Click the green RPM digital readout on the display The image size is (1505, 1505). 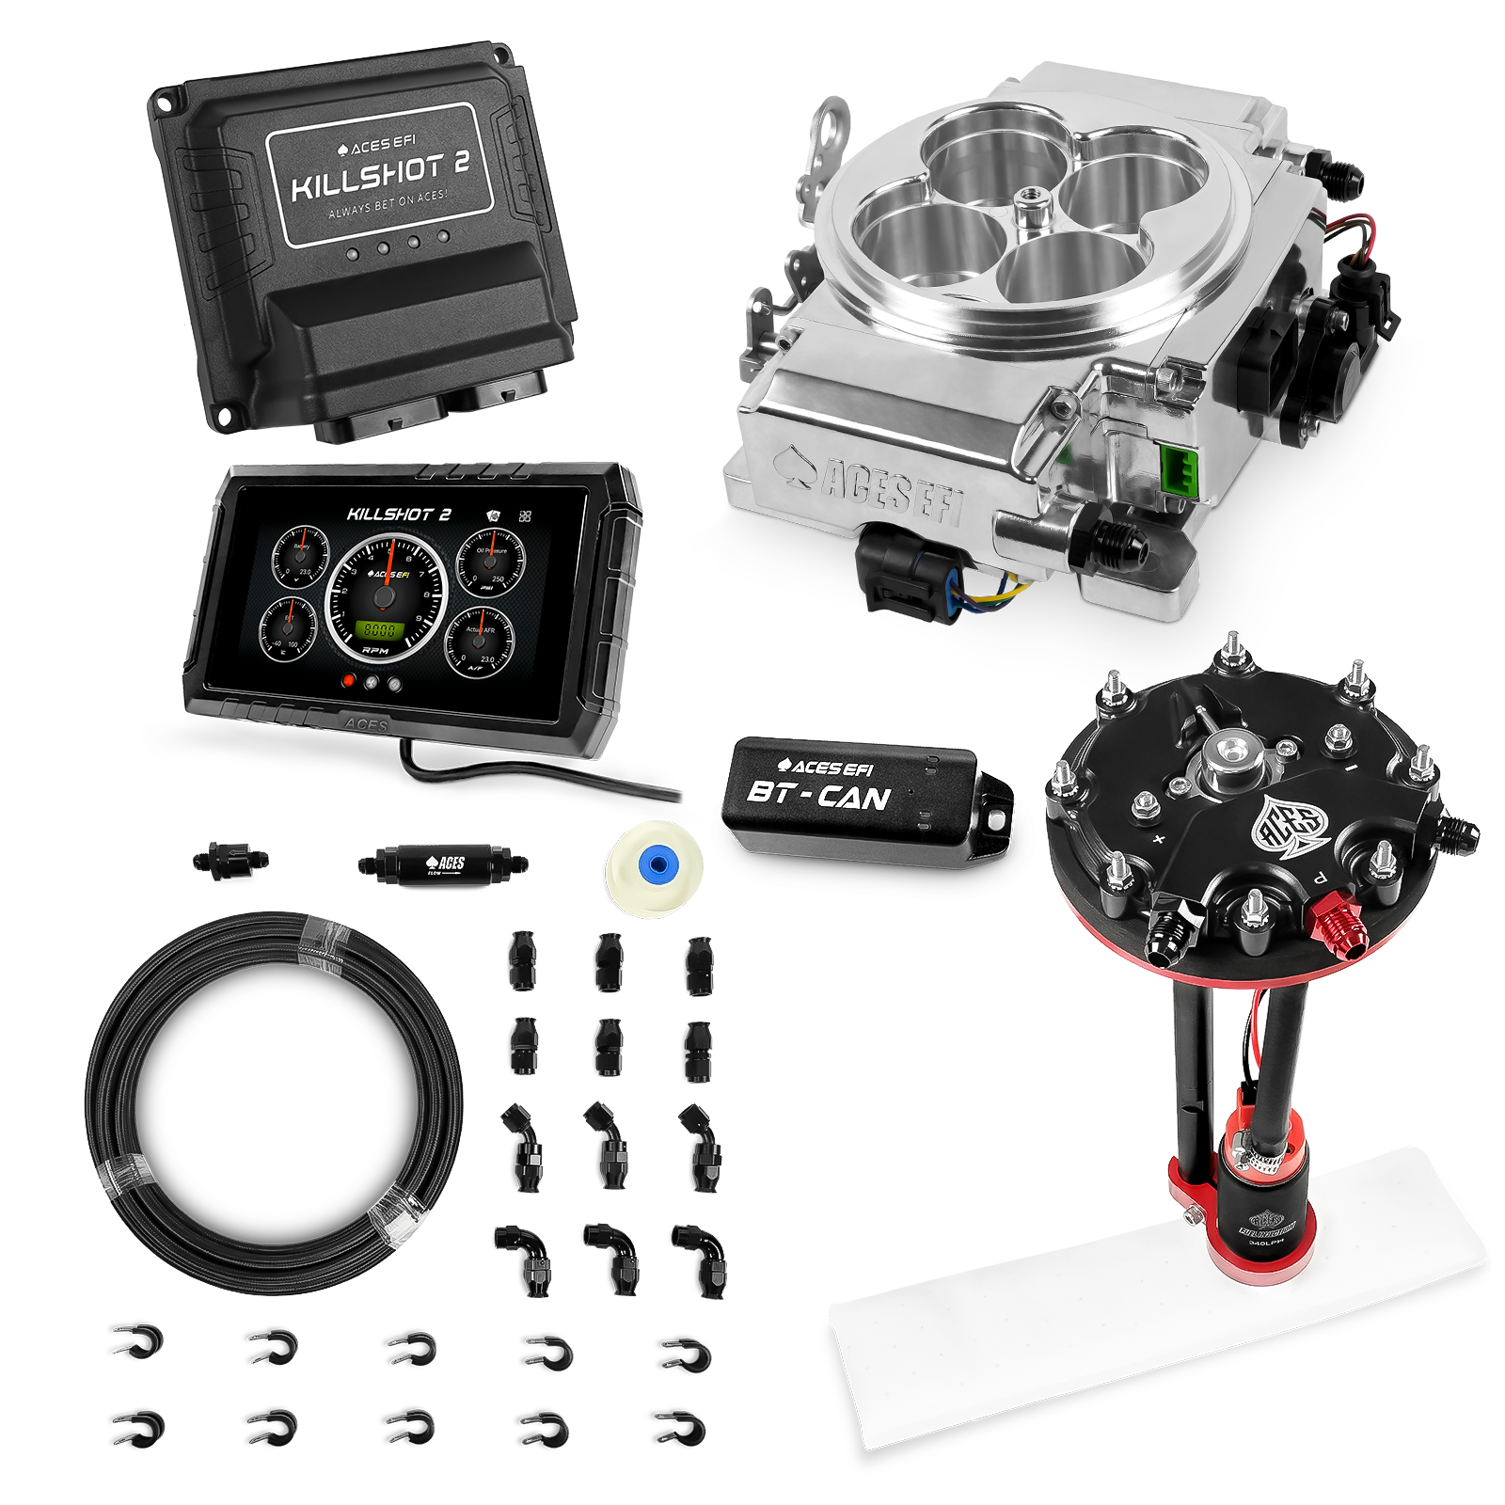379,630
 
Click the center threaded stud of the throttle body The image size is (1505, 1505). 1023,199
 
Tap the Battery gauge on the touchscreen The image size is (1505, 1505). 301,561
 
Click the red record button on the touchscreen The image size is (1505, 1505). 350,682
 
